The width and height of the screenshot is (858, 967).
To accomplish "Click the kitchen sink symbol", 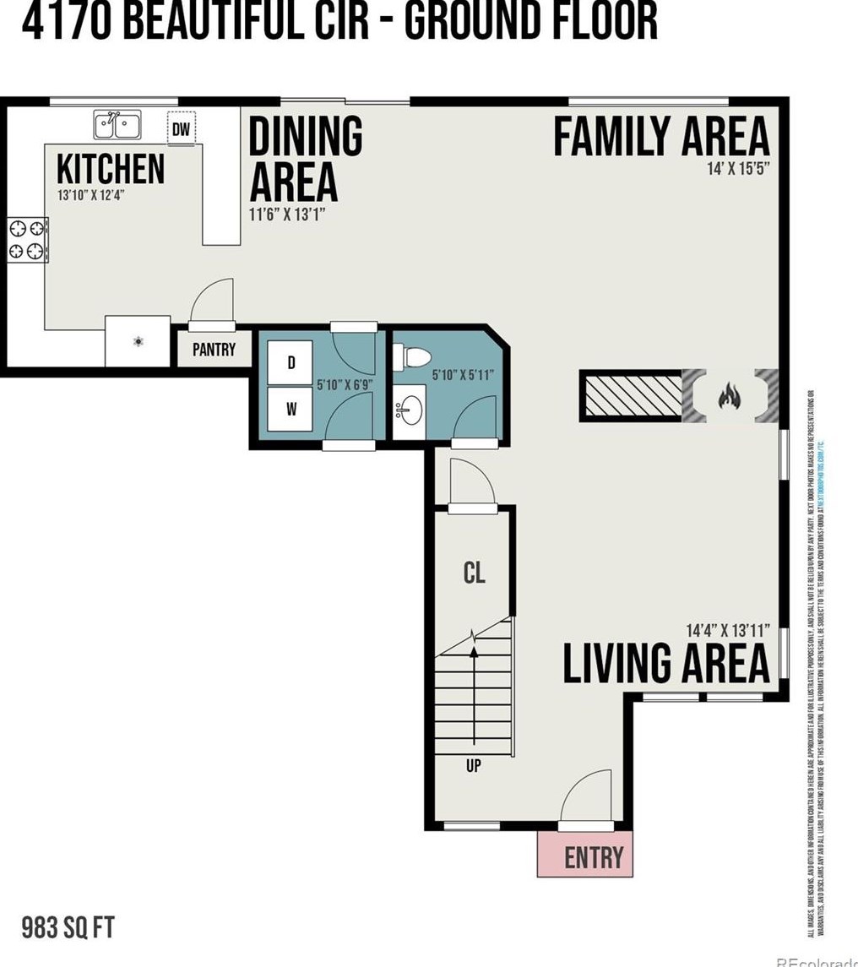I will coord(117,126).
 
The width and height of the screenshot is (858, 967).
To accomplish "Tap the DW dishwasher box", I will coord(181,128).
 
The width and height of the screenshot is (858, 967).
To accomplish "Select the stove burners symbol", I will coord(27,239).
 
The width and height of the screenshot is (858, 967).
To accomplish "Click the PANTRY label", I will coord(214,349).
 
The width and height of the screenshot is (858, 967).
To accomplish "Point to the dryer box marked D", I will coord(291,363).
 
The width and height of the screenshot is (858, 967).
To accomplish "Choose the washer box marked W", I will coord(291,410).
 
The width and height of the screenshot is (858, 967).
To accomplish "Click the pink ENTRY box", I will coord(584,856).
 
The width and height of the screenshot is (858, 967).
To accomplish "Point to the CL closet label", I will coord(474,573).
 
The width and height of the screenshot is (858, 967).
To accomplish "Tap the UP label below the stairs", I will coord(473,767).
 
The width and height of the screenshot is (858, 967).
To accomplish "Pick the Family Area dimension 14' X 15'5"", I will coord(737,169).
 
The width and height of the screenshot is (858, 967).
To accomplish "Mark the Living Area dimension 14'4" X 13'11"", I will coord(729,630).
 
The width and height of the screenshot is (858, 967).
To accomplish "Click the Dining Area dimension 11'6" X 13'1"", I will coord(287,215).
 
